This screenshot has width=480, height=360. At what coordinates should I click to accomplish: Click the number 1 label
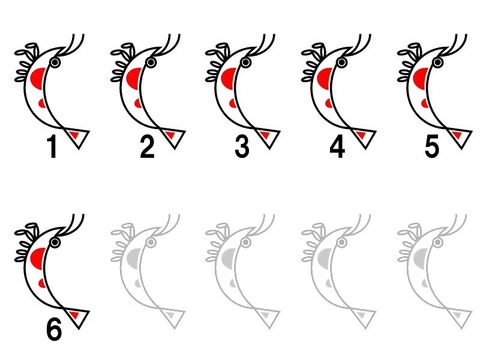click(52, 146)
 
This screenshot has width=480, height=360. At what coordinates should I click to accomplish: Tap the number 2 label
click(147, 146)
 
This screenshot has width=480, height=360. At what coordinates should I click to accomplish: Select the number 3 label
click(242, 146)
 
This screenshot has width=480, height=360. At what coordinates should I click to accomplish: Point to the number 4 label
click(337, 146)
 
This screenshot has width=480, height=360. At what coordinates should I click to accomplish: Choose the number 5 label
click(432, 146)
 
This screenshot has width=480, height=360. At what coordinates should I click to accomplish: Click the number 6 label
click(54, 329)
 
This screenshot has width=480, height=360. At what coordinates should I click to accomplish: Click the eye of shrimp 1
click(55, 62)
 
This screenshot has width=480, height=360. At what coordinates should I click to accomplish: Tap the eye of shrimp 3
click(246, 62)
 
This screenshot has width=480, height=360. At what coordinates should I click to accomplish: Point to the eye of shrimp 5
click(438, 62)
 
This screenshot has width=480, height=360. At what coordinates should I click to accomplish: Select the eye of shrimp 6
click(55, 242)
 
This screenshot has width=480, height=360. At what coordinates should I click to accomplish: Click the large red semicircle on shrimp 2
click(134, 79)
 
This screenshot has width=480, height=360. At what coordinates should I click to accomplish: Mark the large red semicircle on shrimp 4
click(325, 79)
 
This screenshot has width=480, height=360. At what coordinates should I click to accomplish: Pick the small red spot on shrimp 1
click(42, 103)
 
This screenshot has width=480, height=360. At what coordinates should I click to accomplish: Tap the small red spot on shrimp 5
click(425, 103)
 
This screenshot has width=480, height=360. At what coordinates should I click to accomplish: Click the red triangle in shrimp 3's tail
click(266, 135)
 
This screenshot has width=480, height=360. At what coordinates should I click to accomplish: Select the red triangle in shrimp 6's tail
click(74, 315)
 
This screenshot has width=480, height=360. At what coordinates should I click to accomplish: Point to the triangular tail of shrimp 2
click(173, 137)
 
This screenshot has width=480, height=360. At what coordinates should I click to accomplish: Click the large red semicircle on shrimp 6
click(38, 259)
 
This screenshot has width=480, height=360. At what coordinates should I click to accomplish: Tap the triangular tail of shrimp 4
click(364, 137)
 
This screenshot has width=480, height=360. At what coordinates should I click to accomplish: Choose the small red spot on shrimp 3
click(233, 103)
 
